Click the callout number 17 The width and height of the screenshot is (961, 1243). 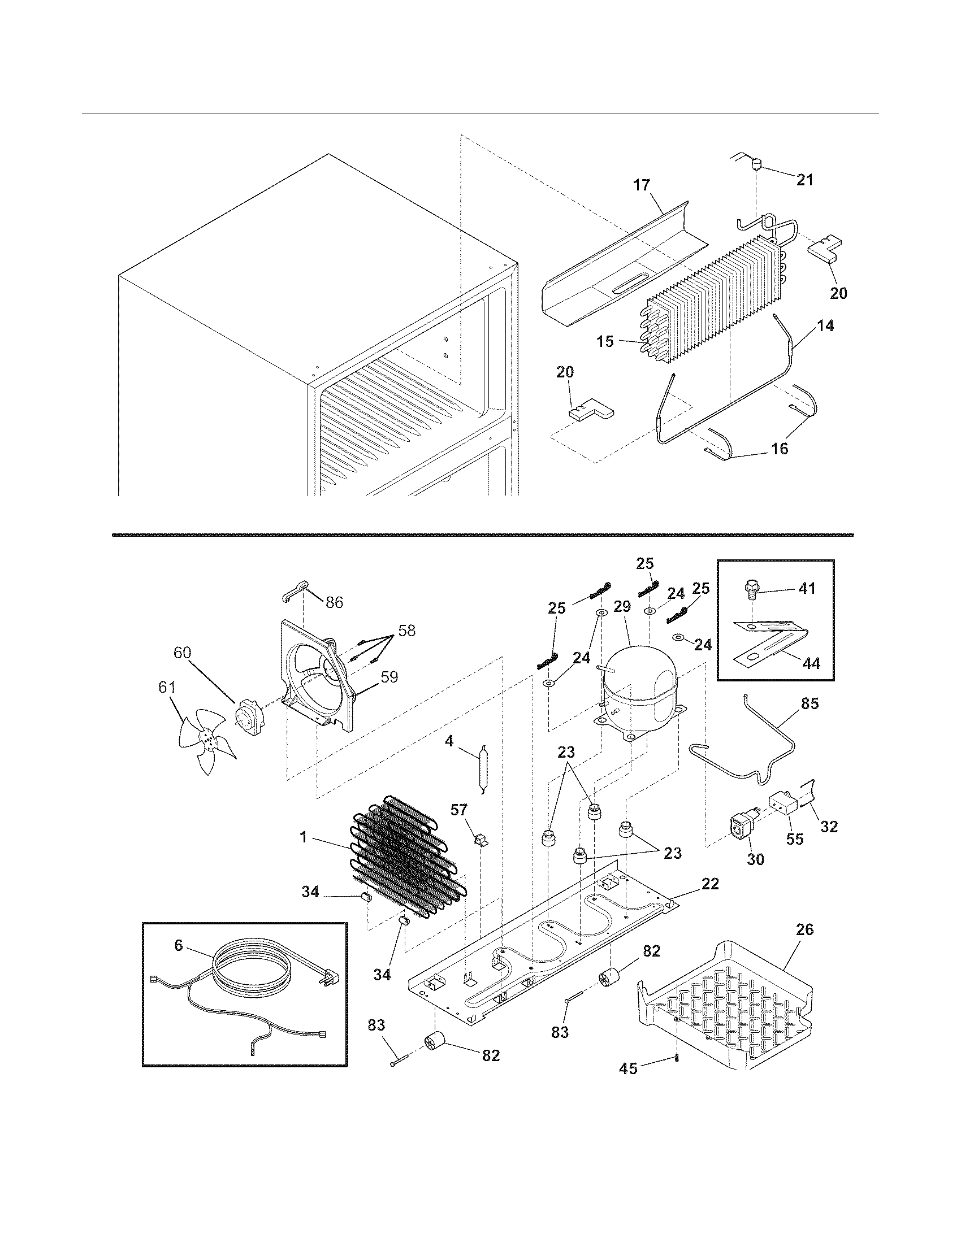(641, 185)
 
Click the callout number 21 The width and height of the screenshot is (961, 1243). (804, 180)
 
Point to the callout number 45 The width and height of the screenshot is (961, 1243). (628, 1069)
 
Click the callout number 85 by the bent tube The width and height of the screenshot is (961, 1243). (810, 703)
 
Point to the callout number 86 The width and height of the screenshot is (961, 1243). (334, 602)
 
